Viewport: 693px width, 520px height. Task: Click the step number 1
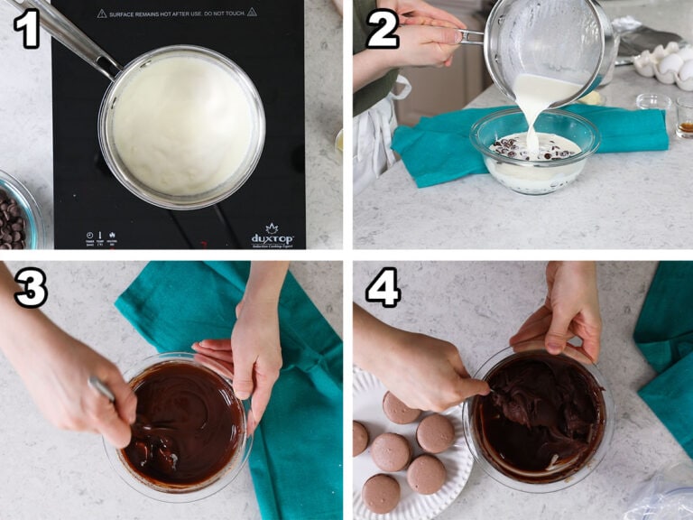(26, 30)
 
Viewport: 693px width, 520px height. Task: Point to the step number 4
(383, 288)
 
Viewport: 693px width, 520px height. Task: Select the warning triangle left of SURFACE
(102, 13)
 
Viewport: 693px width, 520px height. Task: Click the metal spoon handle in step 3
(102, 389)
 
